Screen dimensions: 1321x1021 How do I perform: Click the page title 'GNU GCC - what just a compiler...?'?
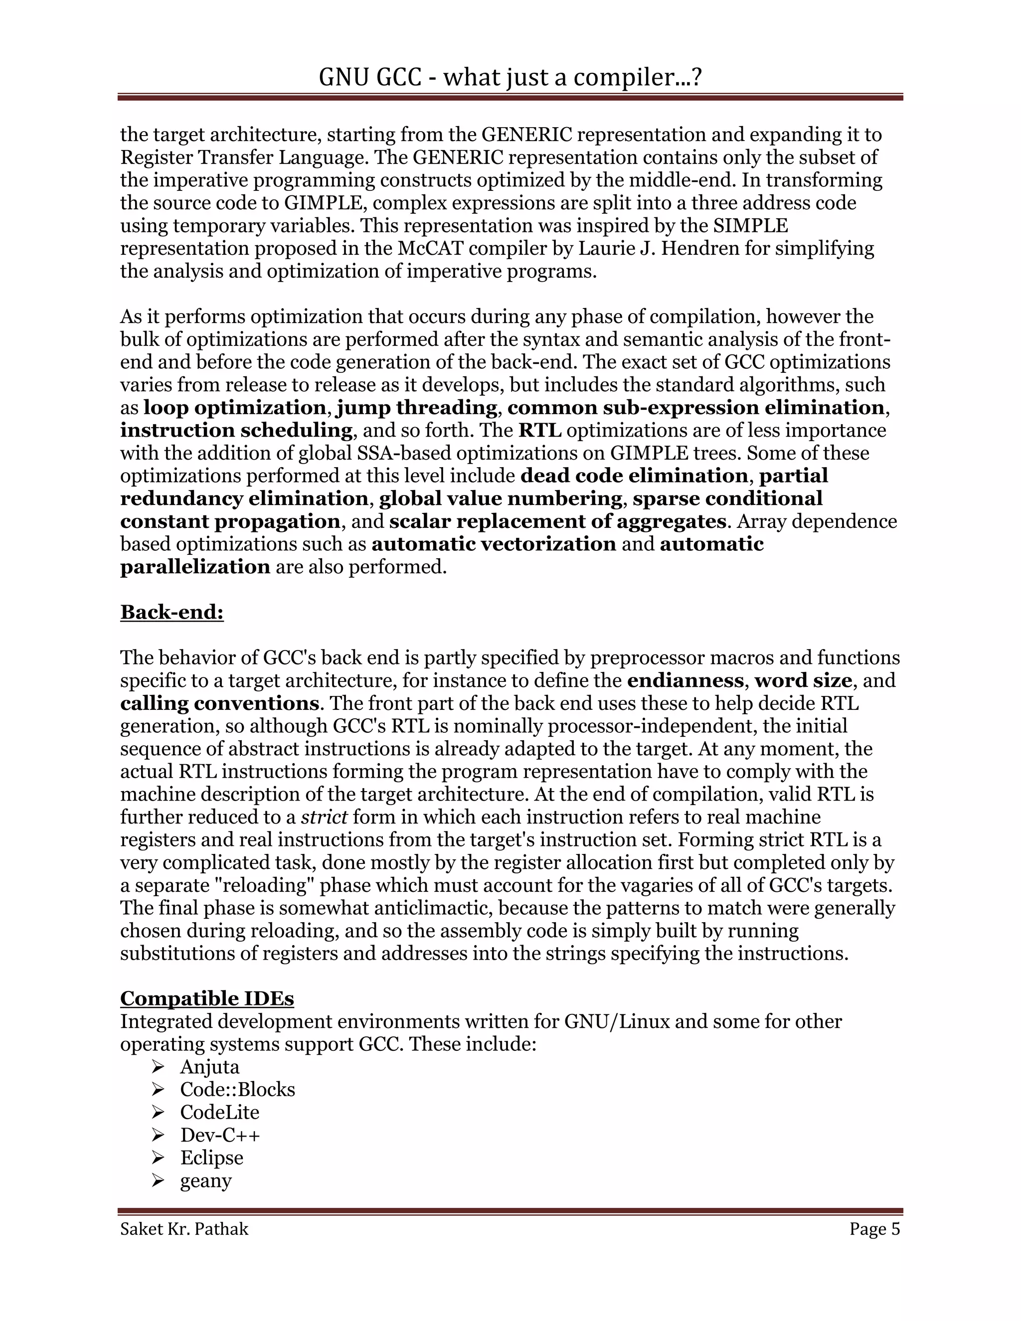(510, 77)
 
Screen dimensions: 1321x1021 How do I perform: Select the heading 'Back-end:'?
(172, 612)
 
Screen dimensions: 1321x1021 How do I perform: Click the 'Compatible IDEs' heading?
(207, 998)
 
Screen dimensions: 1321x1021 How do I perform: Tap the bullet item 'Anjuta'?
(209, 1066)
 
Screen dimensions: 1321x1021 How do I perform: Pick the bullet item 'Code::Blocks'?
(237, 1089)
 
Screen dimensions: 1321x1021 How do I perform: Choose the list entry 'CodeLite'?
(219, 1112)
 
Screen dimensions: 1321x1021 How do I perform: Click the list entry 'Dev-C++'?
(219, 1135)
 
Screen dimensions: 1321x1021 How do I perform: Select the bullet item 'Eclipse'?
(212, 1157)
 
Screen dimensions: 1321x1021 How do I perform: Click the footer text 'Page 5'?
(874, 1229)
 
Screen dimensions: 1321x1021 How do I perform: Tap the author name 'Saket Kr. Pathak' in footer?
(184, 1229)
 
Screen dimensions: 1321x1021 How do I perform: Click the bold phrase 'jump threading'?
(416, 408)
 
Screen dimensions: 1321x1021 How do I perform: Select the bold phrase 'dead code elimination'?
(634, 476)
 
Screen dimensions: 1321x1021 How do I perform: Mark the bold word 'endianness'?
(684, 680)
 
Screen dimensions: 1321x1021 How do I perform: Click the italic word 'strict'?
(324, 817)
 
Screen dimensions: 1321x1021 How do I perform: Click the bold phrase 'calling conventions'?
(219, 703)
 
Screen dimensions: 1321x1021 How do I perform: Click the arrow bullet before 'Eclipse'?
(158, 1157)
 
